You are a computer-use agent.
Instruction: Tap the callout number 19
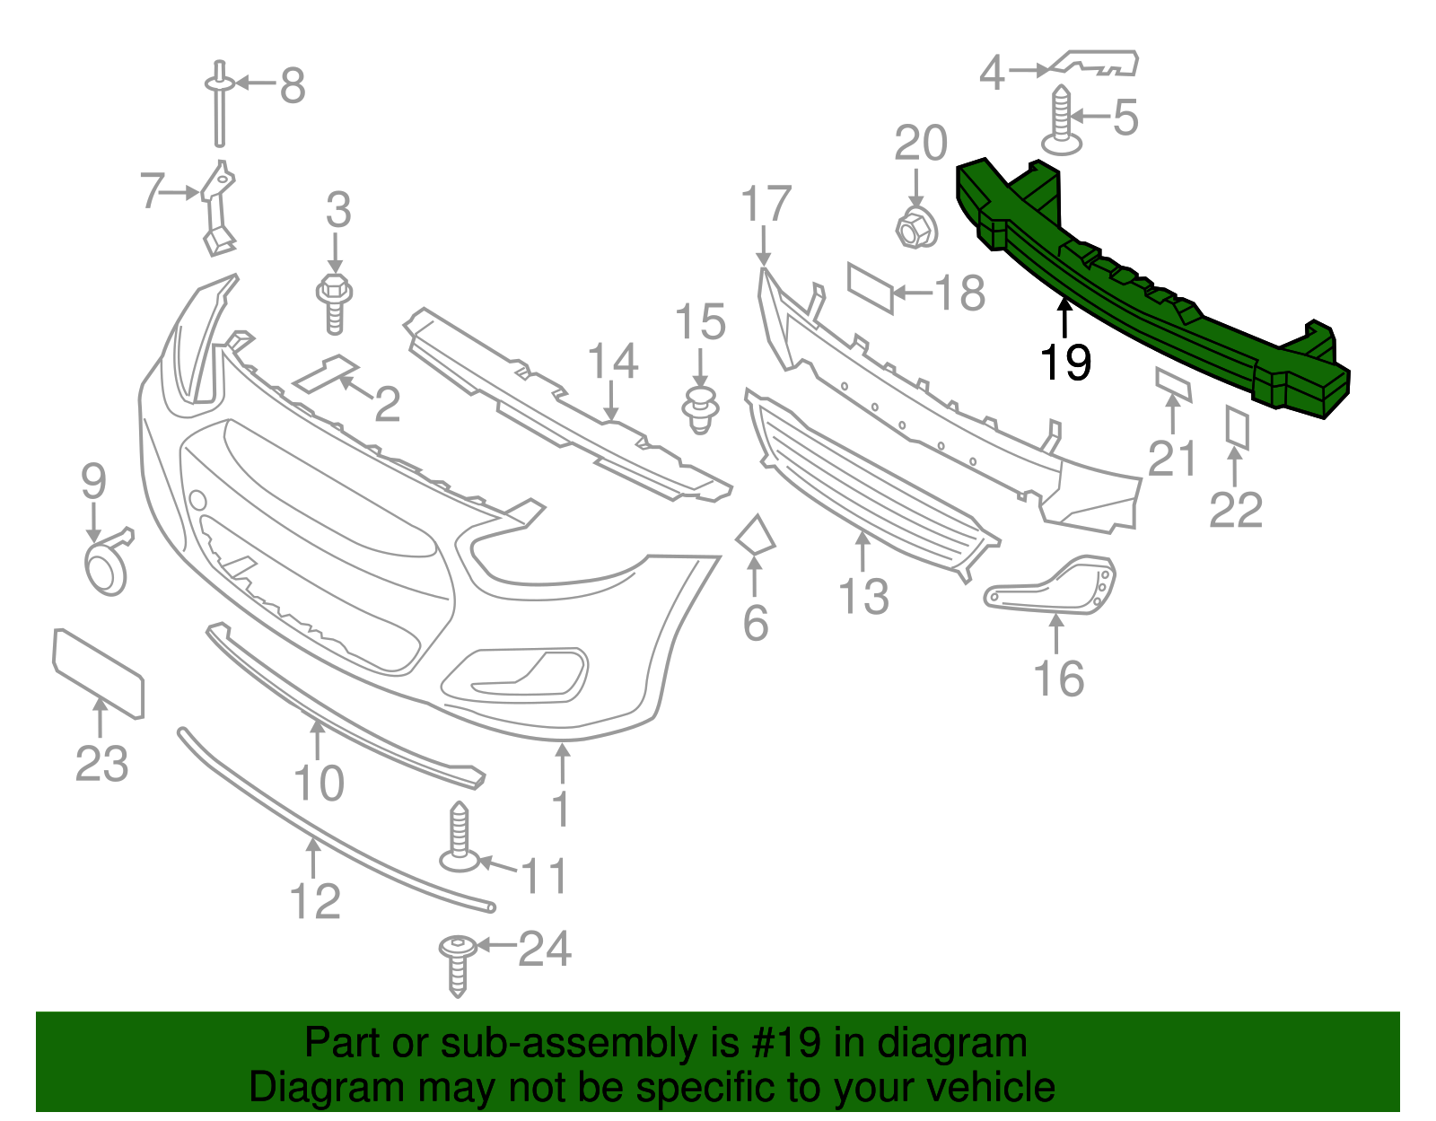[x=1065, y=363]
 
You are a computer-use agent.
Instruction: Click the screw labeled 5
[x=1062, y=121]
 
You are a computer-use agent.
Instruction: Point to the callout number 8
[x=293, y=86]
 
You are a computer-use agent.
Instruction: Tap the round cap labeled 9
[x=105, y=568]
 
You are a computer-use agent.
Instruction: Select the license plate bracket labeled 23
[x=98, y=673]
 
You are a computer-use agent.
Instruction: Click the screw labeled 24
[x=457, y=963]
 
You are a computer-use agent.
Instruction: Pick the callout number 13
[x=863, y=597]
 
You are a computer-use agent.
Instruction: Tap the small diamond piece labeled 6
[x=755, y=536]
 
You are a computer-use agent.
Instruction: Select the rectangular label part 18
[x=871, y=287]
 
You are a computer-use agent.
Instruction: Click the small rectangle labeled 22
[x=1238, y=426]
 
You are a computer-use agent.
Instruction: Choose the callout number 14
[x=612, y=361]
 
